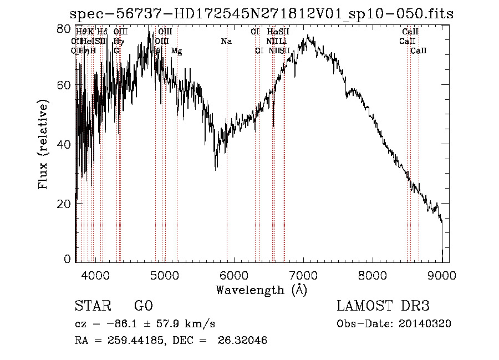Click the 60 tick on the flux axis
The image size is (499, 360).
point(65,85)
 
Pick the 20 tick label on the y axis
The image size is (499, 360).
point(65,204)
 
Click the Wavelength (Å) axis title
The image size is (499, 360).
point(261,289)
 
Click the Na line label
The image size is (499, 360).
point(226,42)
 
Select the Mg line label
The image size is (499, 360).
point(176,50)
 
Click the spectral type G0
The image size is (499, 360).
point(143,306)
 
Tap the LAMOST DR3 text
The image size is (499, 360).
point(383,306)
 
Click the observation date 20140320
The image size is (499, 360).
point(426,324)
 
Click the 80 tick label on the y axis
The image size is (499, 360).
point(65,28)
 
